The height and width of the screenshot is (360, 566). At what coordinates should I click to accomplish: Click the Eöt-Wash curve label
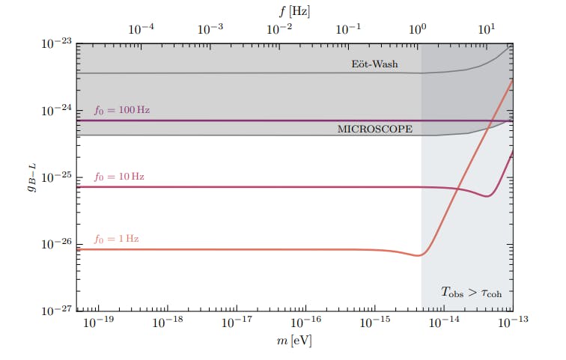pyautogui.click(x=374, y=64)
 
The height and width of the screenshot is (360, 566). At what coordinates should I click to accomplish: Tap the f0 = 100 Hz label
pyautogui.click(x=121, y=110)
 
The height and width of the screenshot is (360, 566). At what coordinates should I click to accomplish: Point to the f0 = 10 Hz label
pyautogui.click(x=119, y=177)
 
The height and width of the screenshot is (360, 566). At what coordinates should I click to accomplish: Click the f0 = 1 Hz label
pyautogui.click(x=116, y=239)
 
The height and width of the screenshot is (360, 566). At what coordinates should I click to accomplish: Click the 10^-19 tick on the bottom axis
pyautogui.click(x=98, y=324)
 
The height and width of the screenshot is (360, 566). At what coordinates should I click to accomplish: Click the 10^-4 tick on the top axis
pyautogui.click(x=142, y=29)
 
